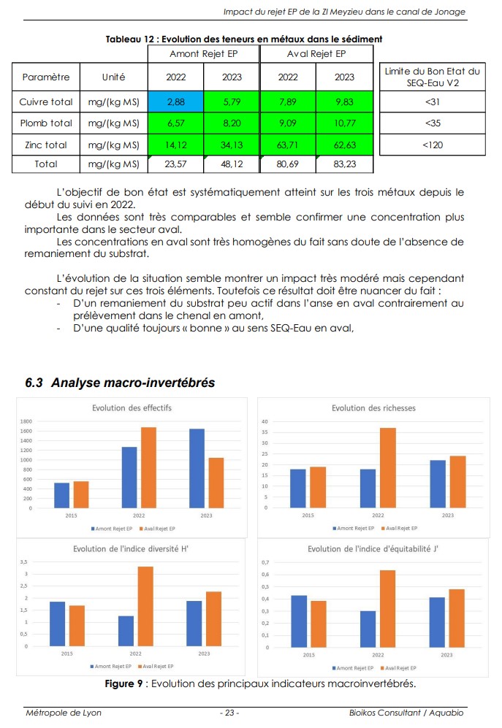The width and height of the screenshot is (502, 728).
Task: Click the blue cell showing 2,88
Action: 175,101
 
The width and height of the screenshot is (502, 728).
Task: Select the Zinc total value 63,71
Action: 287,145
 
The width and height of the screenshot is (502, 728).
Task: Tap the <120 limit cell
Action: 433,145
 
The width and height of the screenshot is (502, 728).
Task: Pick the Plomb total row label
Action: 46,123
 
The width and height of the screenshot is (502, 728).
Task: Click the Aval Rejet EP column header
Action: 316,54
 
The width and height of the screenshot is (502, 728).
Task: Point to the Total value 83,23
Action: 344,164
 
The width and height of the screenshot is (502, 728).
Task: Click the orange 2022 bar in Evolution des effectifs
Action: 148,467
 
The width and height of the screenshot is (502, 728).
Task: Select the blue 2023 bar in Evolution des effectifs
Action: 197,469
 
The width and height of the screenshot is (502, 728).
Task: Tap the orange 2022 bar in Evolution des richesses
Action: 388,468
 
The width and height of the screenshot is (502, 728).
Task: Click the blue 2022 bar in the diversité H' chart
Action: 126,631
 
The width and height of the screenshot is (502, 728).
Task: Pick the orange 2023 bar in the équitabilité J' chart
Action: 457,618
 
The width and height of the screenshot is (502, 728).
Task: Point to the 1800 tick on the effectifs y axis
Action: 26,421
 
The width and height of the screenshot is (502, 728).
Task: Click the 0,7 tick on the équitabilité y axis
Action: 265,562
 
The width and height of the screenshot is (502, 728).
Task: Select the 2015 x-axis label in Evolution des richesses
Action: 308,516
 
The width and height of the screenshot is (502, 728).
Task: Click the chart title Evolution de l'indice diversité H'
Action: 131,549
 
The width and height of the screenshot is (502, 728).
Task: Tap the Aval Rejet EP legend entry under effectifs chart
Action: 156,529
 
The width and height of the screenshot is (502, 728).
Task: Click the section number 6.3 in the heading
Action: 34,383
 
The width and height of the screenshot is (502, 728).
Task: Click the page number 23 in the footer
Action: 229,713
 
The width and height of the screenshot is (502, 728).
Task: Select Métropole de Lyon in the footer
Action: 64,713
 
